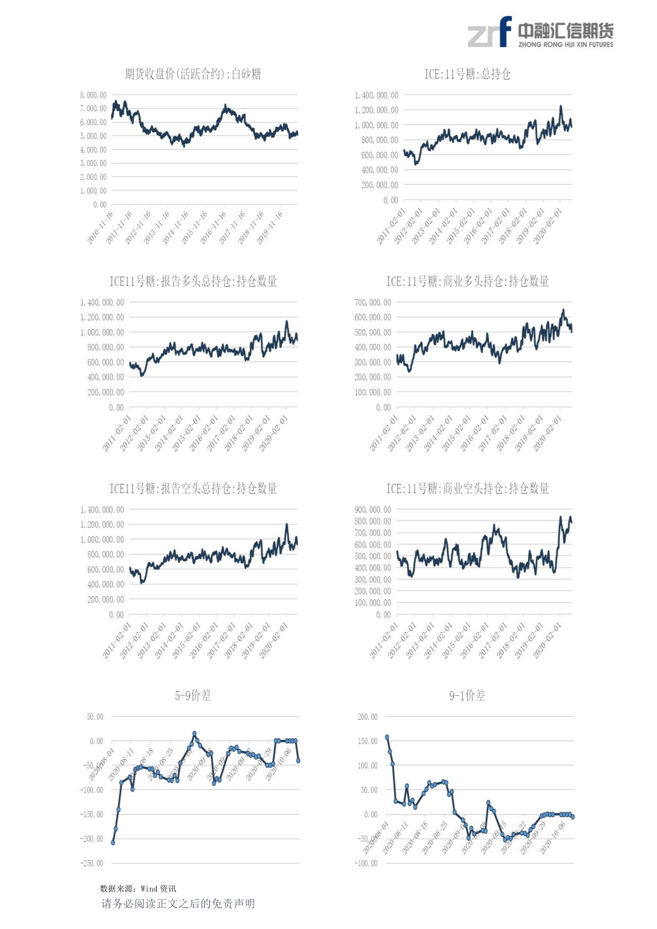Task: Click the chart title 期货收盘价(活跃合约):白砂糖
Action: pyautogui.click(x=193, y=74)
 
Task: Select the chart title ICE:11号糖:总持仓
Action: pyautogui.click(x=467, y=74)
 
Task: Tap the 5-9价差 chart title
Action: pyautogui.click(x=193, y=696)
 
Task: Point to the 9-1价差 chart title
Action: pyautogui.click(x=467, y=696)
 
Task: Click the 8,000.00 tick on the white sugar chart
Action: pyautogui.click(x=94, y=95)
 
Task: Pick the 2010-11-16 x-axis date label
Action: pyautogui.click(x=101, y=227)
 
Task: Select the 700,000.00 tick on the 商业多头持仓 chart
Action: pyautogui.click(x=373, y=303)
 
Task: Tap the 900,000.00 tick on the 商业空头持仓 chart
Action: pyautogui.click(x=373, y=510)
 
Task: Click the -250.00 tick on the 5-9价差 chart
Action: pyautogui.click(x=92, y=863)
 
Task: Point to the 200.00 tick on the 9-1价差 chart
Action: pyautogui.click(x=368, y=717)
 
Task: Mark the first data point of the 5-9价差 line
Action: pyautogui.click(x=113, y=843)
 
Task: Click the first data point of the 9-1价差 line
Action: pyautogui.click(x=387, y=737)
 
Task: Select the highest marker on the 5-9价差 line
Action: pyautogui.click(x=194, y=733)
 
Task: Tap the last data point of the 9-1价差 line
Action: pyautogui.click(x=573, y=817)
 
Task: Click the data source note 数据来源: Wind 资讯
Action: pyautogui.click(x=138, y=889)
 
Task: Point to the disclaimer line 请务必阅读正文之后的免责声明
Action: pyautogui.click(x=178, y=904)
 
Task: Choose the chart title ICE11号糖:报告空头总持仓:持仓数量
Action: pyautogui.click(x=193, y=489)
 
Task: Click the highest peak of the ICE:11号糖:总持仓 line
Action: pyautogui.click(x=561, y=107)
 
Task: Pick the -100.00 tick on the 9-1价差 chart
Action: pyautogui.click(x=366, y=863)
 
